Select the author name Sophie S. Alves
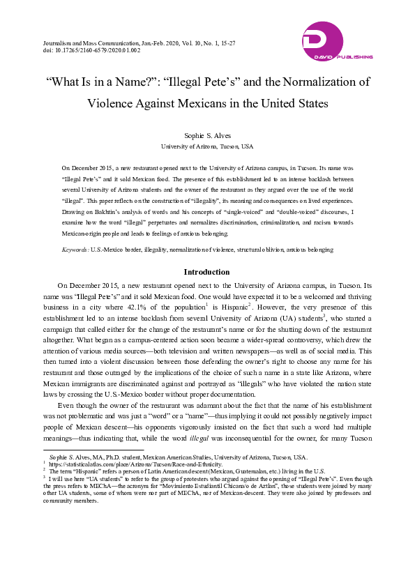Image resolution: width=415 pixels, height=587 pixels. [207, 137]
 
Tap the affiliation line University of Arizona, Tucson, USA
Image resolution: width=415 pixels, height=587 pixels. [207, 146]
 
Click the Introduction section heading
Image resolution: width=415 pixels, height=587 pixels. [207, 272]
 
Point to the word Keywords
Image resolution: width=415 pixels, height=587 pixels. [75, 249]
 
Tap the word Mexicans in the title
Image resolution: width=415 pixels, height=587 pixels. [206, 103]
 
